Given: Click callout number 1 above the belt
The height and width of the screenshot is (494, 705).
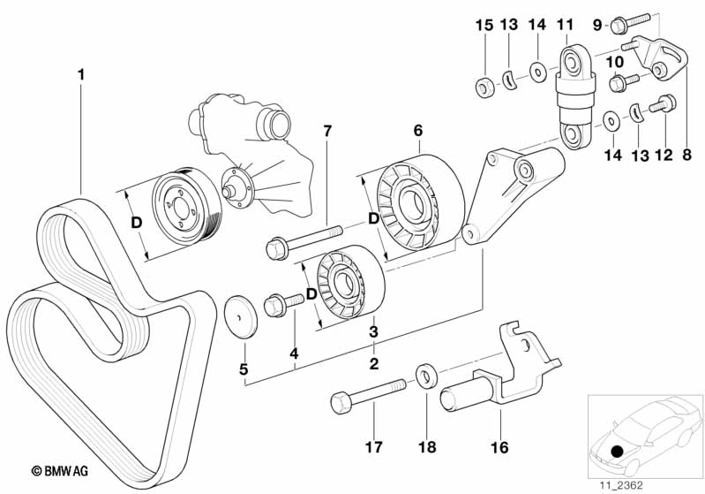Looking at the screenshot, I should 81,76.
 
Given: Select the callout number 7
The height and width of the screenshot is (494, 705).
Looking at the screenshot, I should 326,132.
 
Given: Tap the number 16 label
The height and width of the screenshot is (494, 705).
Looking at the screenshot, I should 499,447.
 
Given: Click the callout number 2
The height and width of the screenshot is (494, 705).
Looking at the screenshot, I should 373,363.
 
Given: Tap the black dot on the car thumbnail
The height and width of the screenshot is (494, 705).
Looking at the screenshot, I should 617,452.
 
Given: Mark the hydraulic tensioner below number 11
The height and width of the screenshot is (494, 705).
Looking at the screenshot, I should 572,97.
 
